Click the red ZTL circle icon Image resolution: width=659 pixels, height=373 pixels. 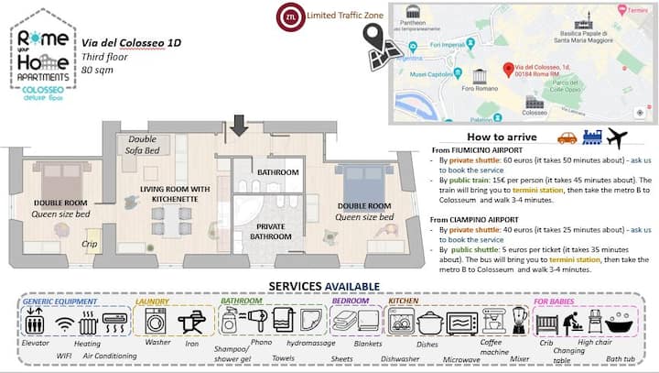[290, 16]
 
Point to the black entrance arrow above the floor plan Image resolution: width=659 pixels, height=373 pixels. [239, 125]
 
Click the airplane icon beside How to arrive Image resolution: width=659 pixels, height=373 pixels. [617, 138]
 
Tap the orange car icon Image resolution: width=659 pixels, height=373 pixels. [567, 138]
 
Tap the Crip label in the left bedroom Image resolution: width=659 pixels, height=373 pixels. [91, 244]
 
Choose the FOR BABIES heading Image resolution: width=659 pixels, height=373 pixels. [556, 301]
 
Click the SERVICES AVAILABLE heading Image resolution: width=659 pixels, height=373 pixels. [329, 285]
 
